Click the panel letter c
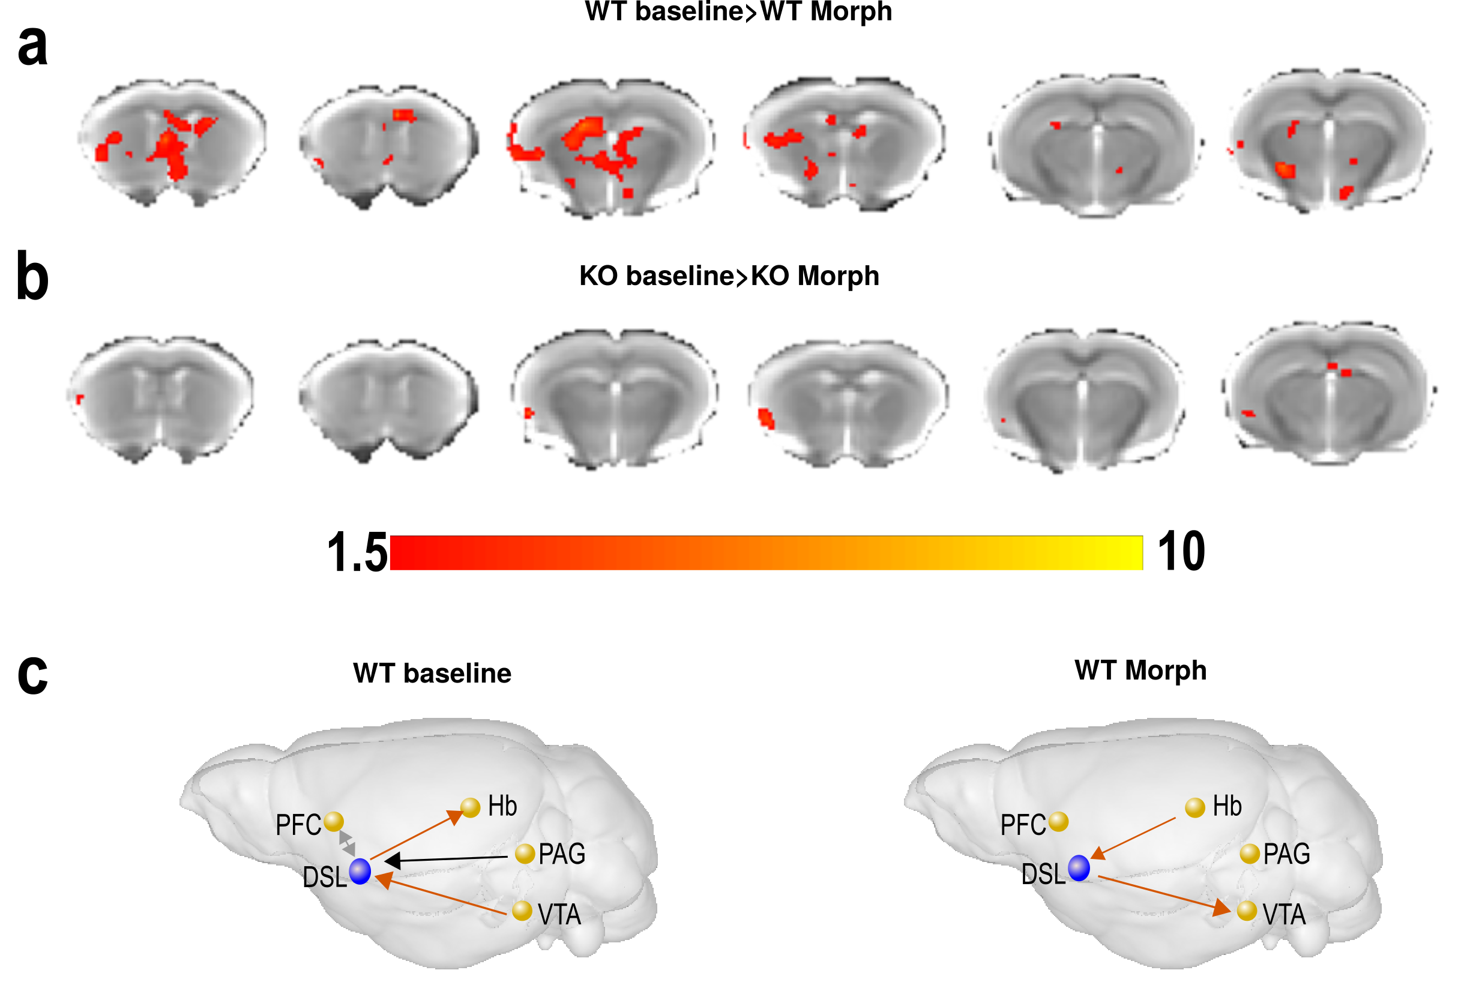click(32, 675)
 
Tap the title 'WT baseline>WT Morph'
click(738, 11)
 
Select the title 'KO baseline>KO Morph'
click(729, 276)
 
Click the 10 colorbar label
click(1181, 552)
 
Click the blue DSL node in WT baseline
click(360, 872)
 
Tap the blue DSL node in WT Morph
click(1079, 868)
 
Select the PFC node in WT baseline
click(334, 822)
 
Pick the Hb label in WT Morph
click(1227, 806)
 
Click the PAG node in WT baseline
click(525, 854)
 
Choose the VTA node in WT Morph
click(1247, 911)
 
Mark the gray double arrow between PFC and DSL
click(347, 844)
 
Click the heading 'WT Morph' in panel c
click(1140, 670)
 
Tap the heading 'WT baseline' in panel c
click(432, 673)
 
